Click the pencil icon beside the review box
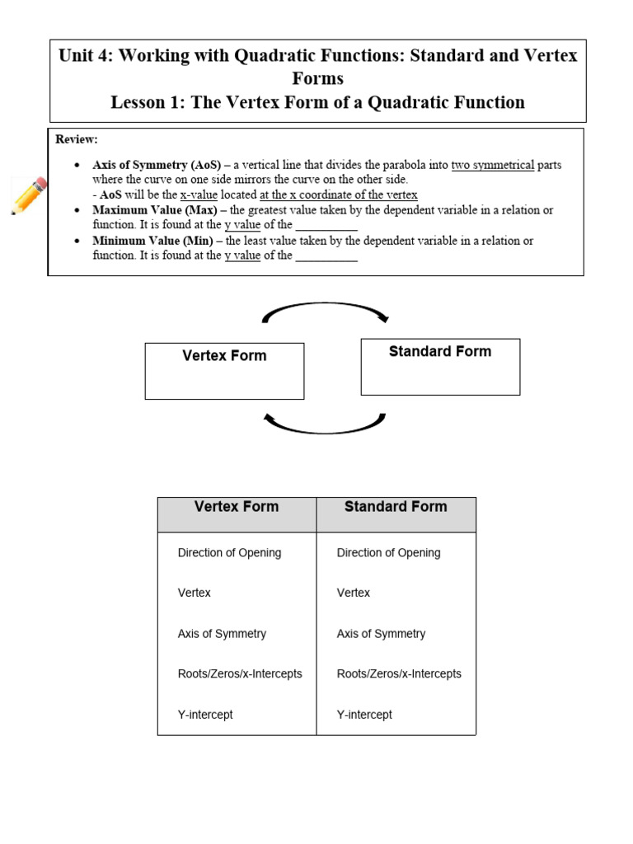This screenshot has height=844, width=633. (29, 195)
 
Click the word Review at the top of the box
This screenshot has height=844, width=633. (77, 139)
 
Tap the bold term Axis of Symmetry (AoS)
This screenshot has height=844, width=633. (157, 165)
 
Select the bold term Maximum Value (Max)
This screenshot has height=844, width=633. (155, 210)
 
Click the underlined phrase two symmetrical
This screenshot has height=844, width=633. (492, 165)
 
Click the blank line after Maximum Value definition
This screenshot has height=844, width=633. (326, 226)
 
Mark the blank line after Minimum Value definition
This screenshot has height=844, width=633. (326, 256)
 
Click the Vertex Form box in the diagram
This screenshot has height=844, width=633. (224, 371)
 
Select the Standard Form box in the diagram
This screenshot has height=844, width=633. (440, 366)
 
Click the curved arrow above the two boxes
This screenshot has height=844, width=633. (325, 310)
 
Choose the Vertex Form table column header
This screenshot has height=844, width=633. (237, 507)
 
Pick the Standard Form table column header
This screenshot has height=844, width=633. (396, 507)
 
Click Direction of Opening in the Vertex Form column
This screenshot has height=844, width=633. (229, 553)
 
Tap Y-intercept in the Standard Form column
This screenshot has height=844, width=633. (364, 715)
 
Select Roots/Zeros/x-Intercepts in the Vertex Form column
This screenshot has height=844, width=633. (240, 674)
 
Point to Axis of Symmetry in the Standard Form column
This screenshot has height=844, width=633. (381, 634)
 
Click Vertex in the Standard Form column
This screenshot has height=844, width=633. (354, 593)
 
